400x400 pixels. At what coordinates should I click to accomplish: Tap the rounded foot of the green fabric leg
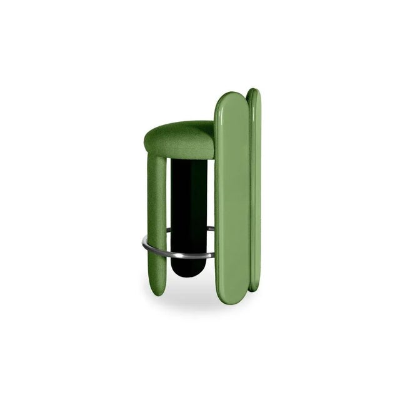[x=157, y=291]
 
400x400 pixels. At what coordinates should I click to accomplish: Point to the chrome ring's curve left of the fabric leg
[x=144, y=245]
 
